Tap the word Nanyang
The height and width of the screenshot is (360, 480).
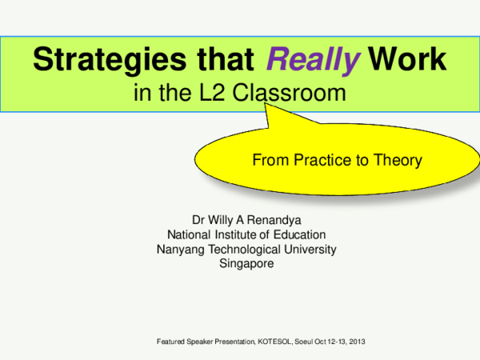[181, 249]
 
